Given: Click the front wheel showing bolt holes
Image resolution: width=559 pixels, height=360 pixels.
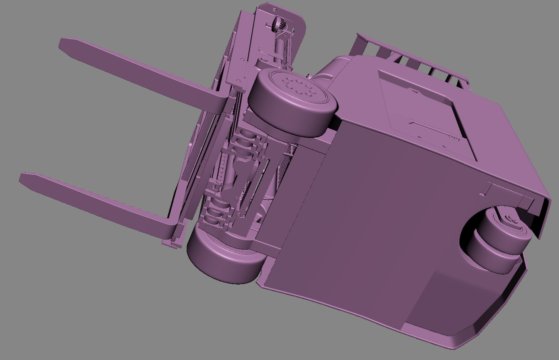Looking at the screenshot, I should coord(293,103).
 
